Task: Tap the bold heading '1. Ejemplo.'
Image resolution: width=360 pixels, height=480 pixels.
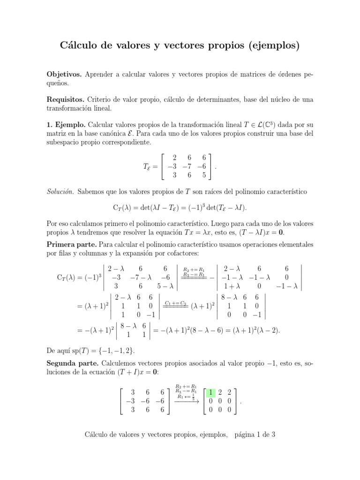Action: pos(66,125)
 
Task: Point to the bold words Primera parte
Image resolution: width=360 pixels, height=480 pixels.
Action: pos(69,244)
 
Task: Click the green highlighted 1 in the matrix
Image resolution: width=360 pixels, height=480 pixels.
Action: pos(212,392)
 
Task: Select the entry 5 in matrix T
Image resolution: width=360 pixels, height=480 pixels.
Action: pos(202,175)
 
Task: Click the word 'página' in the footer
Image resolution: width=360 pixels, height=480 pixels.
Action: pos(246,435)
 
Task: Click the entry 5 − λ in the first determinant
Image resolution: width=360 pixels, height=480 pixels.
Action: pos(165,286)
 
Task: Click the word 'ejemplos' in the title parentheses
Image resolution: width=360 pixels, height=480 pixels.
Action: pos(275,46)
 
